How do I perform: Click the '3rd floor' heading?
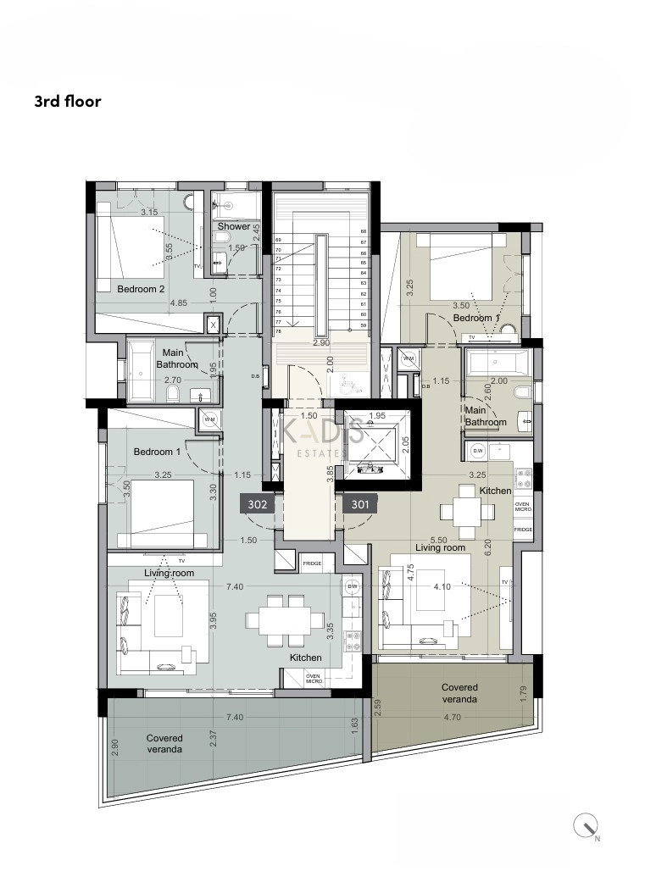click(68, 102)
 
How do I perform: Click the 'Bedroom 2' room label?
click(141, 289)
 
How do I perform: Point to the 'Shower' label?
click(234, 226)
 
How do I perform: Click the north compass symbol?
click(587, 825)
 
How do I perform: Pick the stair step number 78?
click(278, 331)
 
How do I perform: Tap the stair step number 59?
click(363, 325)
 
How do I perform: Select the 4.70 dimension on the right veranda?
click(453, 718)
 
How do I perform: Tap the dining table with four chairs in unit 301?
click(466, 511)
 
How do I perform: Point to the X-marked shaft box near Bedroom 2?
click(213, 325)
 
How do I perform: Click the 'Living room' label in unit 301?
click(440, 547)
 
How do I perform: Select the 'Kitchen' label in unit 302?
click(305, 658)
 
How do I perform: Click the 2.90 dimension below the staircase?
click(320, 343)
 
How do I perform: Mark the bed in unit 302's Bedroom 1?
click(161, 512)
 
